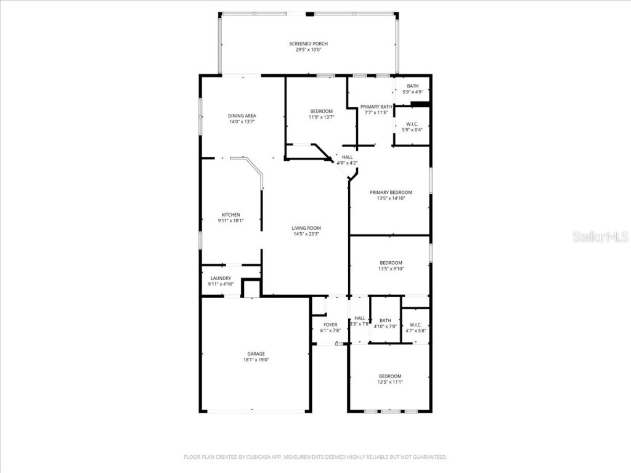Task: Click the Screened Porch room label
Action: [308, 44]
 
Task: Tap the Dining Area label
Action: [242, 116]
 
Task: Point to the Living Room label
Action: [306, 228]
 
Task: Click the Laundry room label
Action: [220, 278]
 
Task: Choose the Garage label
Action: [256, 354]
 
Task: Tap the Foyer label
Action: [330, 325]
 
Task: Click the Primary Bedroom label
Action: [391, 193]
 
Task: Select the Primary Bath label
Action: [376, 107]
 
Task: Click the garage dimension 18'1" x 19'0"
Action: [256, 360]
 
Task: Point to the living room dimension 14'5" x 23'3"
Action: [306, 234]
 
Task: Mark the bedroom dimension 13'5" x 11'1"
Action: [390, 382]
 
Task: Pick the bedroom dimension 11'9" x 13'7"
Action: [321, 117]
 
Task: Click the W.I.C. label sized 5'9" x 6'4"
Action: [412, 124]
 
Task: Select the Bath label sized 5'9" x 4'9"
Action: [412, 86]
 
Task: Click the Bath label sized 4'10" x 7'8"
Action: [385, 320]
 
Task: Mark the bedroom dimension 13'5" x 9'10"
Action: [391, 269]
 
